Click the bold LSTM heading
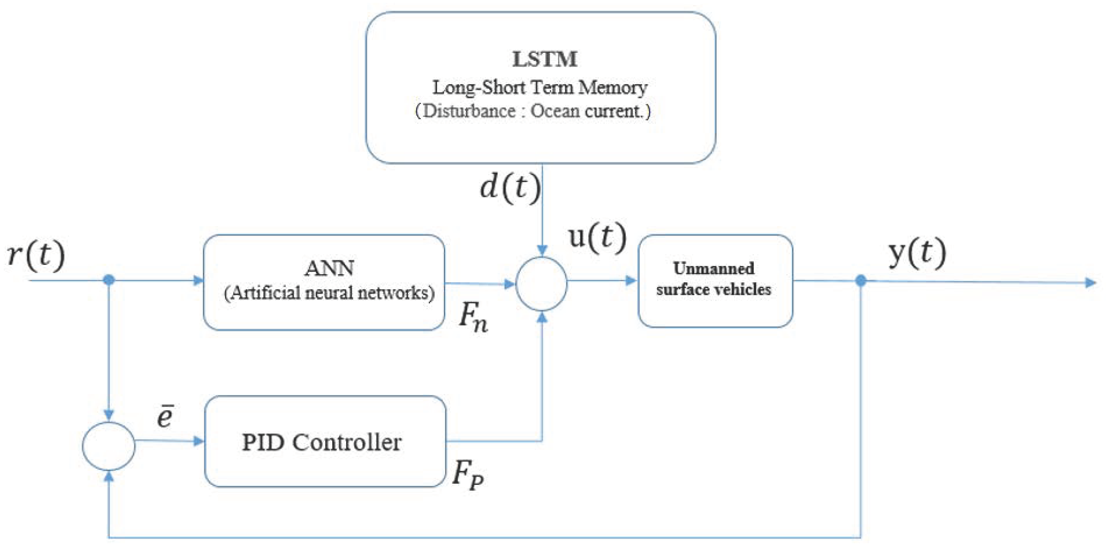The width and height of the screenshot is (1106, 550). coord(544,59)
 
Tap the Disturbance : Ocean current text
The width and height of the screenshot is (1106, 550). coord(532,111)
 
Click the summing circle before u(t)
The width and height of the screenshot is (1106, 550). coord(541,284)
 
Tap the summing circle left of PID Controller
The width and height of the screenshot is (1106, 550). coord(109,446)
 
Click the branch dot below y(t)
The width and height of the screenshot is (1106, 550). coord(860,281)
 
